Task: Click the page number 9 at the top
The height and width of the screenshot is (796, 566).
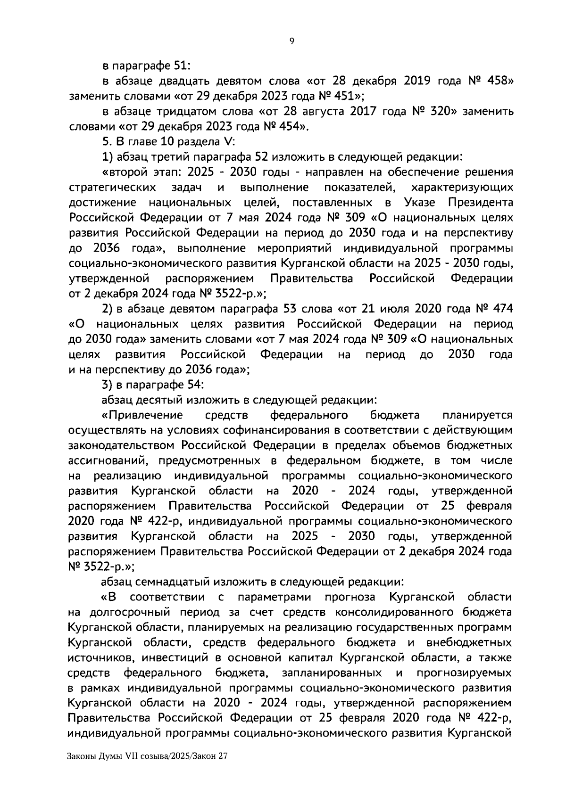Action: coord(291,41)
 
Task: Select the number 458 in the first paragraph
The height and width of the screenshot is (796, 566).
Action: coord(492,81)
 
